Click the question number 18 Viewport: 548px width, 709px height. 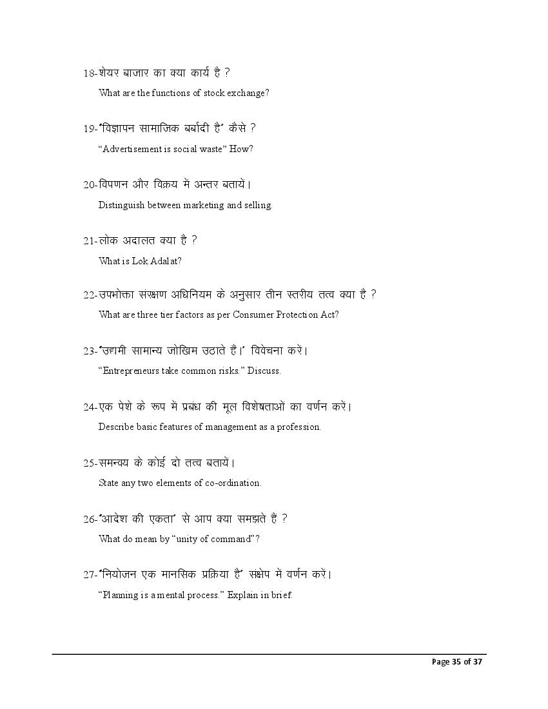[89, 73]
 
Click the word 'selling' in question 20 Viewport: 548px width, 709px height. [258, 205]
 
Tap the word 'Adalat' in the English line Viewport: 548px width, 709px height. [165, 261]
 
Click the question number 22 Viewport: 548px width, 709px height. [89, 295]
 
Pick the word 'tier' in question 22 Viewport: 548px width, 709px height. [160, 315]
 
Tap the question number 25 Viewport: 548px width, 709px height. [89, 463]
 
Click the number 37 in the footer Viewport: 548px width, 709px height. [476, 662]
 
